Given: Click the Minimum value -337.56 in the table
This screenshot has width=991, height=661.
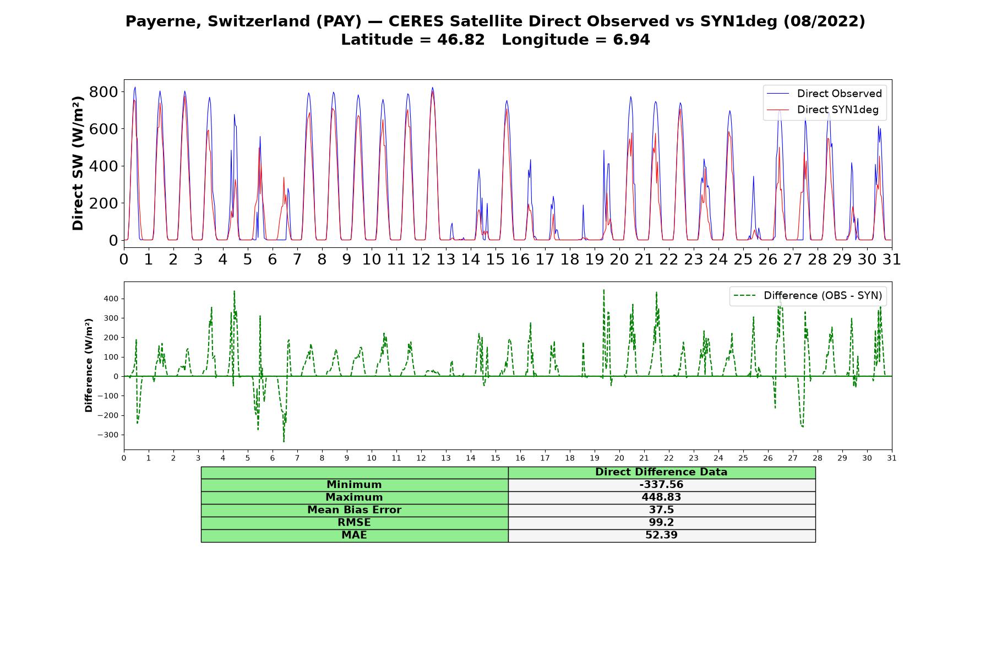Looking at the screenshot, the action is [x=661, y=485].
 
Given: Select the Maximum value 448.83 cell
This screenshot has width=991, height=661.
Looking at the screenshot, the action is [x=661, y=497].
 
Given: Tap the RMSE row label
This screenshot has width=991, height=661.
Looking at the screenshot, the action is [x=355, y=523].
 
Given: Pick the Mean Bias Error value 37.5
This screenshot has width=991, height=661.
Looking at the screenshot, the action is [x=661, y=510].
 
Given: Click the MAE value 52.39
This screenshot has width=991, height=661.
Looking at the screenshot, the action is [x=661, y=535].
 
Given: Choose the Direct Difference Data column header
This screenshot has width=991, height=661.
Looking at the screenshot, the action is [x=661, y=472].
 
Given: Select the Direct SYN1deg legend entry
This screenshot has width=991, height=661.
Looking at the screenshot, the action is [x=823, y=110].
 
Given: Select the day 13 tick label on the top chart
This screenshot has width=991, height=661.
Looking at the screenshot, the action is [x=446, y=259].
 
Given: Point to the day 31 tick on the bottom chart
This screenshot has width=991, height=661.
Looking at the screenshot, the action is [x=892, y=458].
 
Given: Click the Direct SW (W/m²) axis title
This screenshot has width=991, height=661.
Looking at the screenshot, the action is [x=78, y=164].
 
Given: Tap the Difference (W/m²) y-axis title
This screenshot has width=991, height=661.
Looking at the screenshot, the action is [x=89, y=366].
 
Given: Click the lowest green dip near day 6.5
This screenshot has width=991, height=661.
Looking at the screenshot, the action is [x=284, y=441].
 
